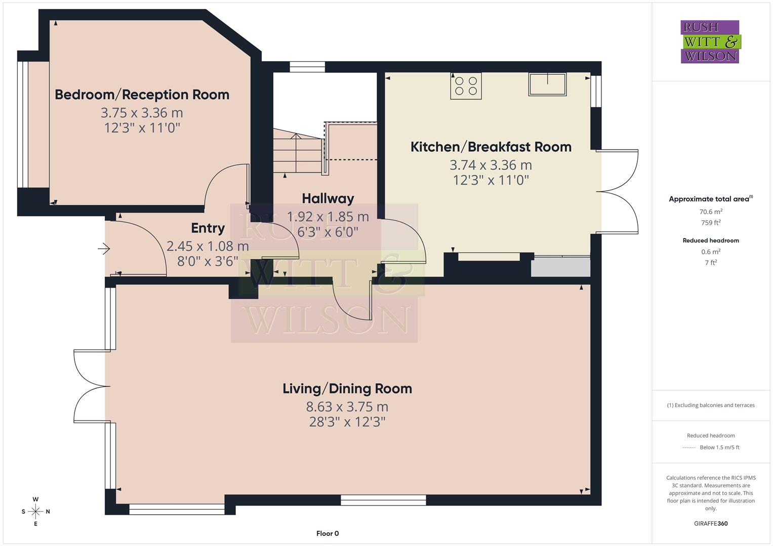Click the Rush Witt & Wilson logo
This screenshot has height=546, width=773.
click(x=710, y=42)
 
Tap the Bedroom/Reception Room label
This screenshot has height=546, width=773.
click(x=142, y=95)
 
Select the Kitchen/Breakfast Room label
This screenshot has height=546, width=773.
click(x=491, y=147)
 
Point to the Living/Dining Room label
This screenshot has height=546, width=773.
click(x=347, y=388)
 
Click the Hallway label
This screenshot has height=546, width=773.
click(x=328, y=198)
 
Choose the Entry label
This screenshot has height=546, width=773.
click(x=208, y=228)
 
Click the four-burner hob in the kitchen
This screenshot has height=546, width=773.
click(x=466, y=86)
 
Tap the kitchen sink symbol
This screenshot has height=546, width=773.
click(x=547, y=84)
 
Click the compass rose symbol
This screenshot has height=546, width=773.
click(x=35, y=511)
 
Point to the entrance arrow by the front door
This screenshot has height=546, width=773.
click(x=104, y=248)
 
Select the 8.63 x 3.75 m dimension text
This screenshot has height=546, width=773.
click(x=347, y=406)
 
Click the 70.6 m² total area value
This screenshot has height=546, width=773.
click(x=711, y=212)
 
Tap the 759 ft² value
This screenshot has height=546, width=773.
click(x=711, y=222)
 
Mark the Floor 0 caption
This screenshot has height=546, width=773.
click(x=328, y=533)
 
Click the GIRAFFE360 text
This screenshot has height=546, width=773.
click(x=711, y=523)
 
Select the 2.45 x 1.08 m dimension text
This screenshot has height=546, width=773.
click(x=208, y=246)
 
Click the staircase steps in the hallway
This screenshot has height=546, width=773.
click(x=298, y=151)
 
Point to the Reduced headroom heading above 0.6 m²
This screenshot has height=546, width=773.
click(x=711, y=241)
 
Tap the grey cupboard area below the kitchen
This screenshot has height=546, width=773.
click(x=560, y=266)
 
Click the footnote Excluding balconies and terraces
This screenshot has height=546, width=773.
click(x=711, y=405)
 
